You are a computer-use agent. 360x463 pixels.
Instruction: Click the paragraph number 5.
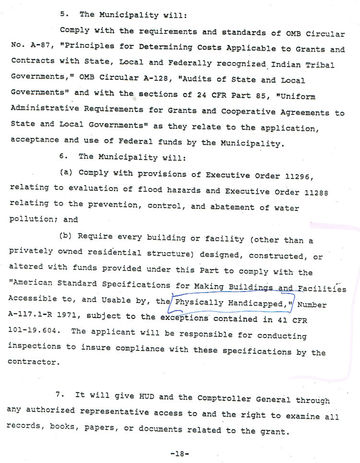tap(63, 14)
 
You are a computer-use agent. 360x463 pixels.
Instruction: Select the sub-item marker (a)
tap(66, 172)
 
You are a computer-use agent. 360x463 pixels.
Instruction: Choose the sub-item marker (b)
tap(67, 236)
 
